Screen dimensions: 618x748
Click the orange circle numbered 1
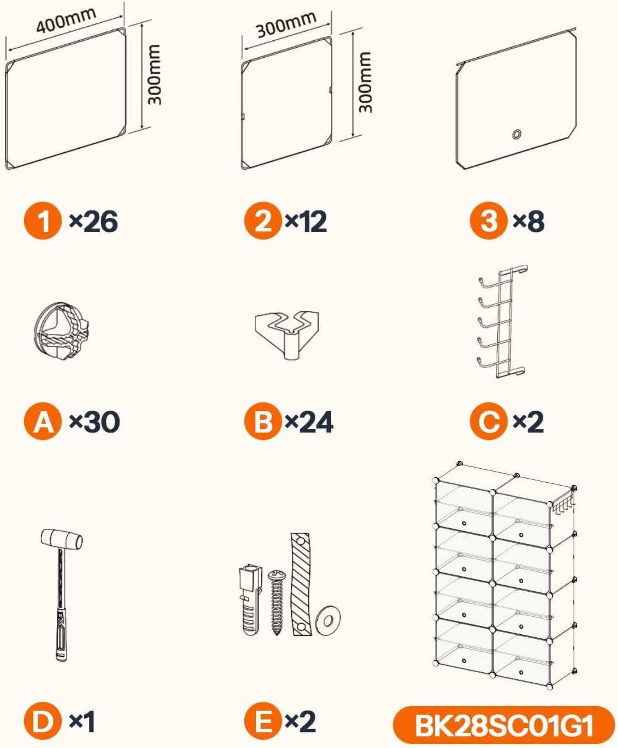point(43,221)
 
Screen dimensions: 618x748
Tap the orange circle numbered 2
point(263,221)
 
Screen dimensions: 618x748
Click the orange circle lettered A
point(43,421)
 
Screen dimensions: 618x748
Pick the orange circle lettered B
point(263,421)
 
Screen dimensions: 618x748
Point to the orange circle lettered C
point(489,421)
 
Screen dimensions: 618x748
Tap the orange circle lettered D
point(43,721)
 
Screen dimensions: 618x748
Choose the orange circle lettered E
point(263,721)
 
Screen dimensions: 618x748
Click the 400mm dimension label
point(66,19)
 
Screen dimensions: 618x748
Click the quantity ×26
point(93,222)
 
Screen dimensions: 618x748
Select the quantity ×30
point(94,422)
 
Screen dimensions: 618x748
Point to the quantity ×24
point(309,422)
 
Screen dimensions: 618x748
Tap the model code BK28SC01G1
point(504,725)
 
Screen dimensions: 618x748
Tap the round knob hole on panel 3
point(516,134)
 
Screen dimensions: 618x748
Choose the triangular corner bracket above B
point(287,334)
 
